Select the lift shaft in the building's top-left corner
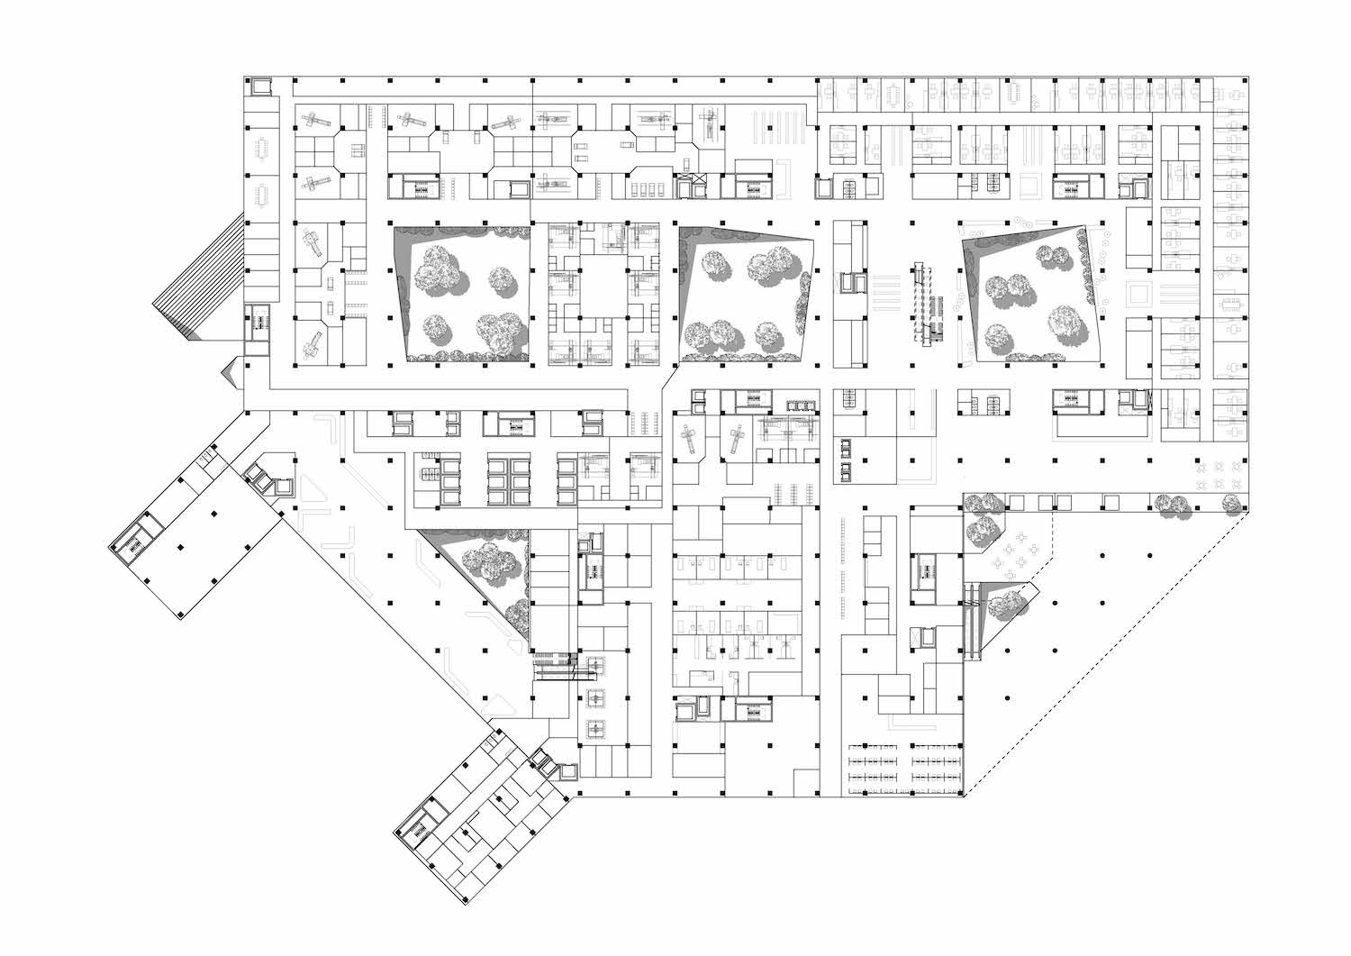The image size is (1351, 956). pos(260,86)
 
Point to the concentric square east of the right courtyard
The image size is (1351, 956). pos(1139,293)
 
